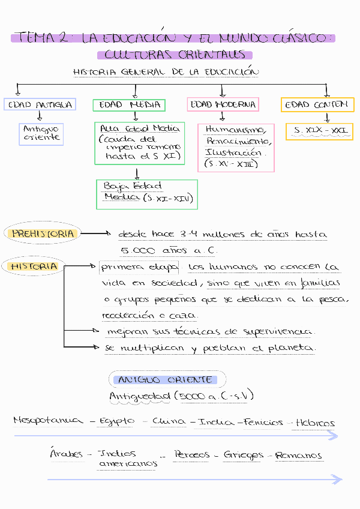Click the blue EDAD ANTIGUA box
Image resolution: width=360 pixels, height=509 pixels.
click(40, 105)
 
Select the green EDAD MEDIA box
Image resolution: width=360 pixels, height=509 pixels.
click(129, 105)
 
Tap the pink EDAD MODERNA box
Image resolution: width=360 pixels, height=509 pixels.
click(223, 104)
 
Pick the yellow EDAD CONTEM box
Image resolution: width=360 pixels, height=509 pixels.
click(316, 105)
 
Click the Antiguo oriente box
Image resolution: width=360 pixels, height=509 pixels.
click(41, 133)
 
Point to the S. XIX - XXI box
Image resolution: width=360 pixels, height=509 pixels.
click(319, 131)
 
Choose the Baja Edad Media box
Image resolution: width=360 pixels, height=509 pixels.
click(146, 194)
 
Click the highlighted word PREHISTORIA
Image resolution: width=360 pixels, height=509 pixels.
click(44, 233)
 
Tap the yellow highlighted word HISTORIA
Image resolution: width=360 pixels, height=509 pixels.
click(34, 266)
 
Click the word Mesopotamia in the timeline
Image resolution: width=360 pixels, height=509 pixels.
click(48, 421)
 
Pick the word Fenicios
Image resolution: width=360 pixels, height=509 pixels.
click(263, 422)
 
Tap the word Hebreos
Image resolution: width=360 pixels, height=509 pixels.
click(315, 423)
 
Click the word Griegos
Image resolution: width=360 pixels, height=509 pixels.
click(243, 456)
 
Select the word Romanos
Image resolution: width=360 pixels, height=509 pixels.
click(299, 456)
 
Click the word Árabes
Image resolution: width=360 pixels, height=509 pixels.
click(66, 454)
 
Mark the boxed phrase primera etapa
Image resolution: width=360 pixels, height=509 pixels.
click(139, 267)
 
